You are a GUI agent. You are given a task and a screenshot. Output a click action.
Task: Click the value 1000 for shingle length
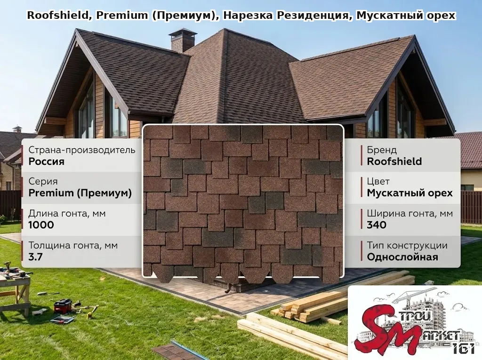[41, 225]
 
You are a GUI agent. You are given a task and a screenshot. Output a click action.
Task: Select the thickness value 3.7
[35, 256]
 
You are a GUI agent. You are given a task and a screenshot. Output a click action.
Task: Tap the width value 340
[377, 225]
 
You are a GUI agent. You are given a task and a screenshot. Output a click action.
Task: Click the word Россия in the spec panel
[47, 161]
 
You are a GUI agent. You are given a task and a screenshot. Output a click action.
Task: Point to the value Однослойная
[402, 256]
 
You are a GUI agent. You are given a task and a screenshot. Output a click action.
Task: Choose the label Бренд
[382, 150]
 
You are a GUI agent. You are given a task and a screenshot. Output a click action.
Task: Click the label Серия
[43, 182]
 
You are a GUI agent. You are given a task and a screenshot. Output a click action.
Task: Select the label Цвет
[378, 182]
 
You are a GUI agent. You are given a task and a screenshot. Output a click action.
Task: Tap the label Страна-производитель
[82, 150]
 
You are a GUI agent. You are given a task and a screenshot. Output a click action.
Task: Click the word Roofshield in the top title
[58, 16]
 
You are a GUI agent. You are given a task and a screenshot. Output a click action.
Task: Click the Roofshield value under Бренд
[394, 161]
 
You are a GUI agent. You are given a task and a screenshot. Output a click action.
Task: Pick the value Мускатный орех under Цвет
[410, 193]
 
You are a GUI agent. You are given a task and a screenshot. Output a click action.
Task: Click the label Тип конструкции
[407, 245]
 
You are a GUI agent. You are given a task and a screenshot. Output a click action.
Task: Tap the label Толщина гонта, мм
[73, 245]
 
